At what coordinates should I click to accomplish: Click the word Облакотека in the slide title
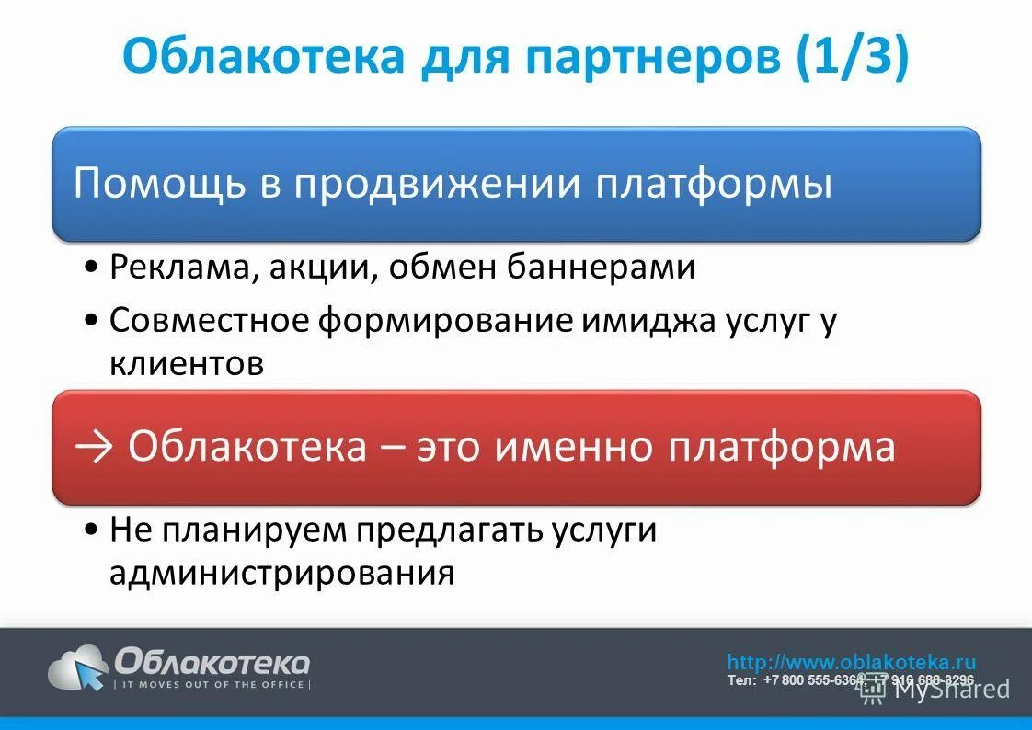pos(263,57)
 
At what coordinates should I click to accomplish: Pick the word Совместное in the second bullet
pos(210,321)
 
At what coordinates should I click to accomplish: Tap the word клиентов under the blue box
pos(187,364)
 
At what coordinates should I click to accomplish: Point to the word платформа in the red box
pos(781,447)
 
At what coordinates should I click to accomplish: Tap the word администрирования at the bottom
pos(281,573)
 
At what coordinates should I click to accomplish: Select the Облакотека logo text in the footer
pos(212,661)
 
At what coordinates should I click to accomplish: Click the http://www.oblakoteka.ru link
pos(851,662)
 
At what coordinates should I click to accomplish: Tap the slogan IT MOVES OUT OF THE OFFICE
pos(212,685)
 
